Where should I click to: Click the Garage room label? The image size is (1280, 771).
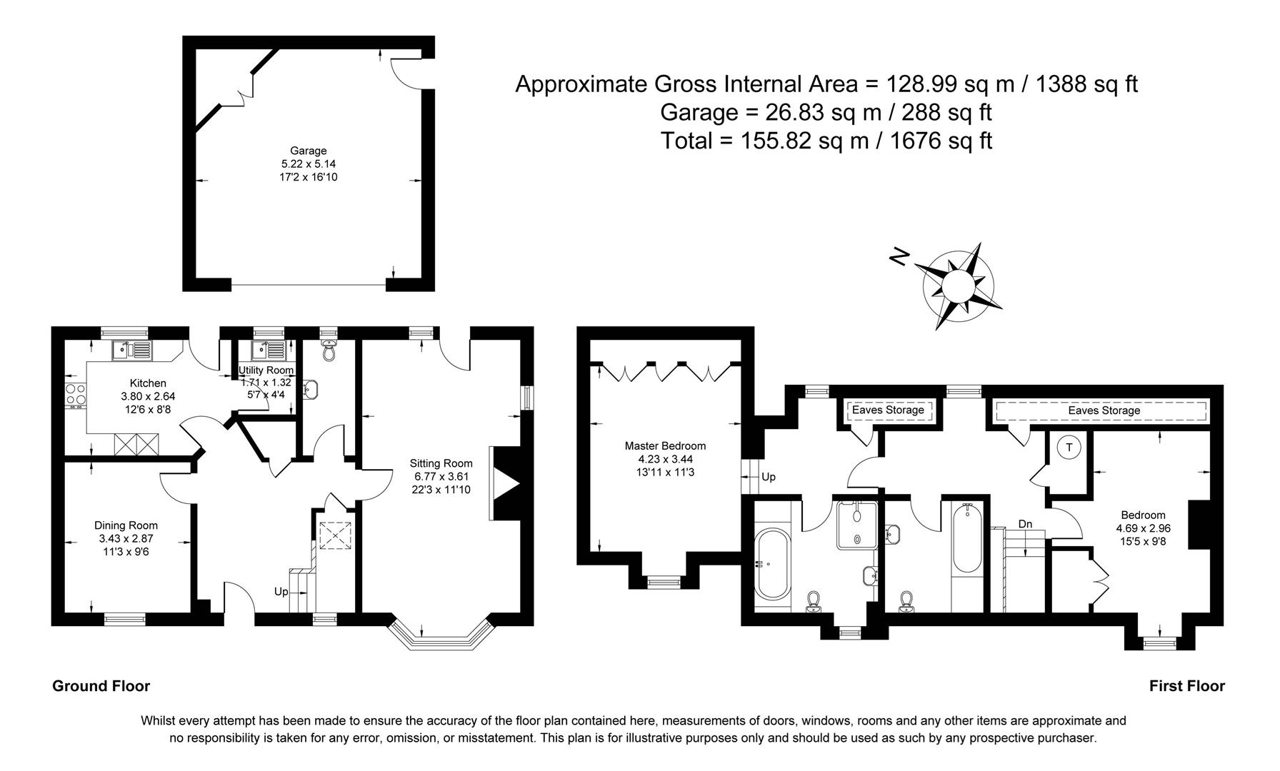pyautogui.click(x=308, y=151)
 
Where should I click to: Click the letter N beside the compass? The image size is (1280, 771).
pyautogui.click(x=900, y=256)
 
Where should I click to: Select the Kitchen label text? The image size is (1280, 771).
pyautogui.click(x=148, y=383)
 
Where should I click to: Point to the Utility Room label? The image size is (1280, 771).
pyautogui.click(x=266, y=371)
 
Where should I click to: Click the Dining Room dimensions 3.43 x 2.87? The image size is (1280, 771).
pyautogui.click(x=126, y=539)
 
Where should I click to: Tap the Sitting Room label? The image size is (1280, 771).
pyautogui.click(x=441, y=463)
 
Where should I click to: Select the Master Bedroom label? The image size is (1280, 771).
pyautogui.click(x=665, y=446)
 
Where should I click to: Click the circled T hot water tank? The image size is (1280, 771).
pyautogui.click(x=1069, y=448)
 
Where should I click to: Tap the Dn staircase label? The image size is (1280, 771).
pyautogui.click(x=1025, y=524)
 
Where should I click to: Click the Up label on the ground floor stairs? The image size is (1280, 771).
pyautogui.click(x=281, y=592)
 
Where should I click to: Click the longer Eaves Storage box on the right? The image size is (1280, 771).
pyautogui.click(x=1104, y=411)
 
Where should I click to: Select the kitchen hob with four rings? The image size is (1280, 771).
pyautogui.click(x=76, y=394)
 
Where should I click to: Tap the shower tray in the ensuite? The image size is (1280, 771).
pyautogui.click(x=857, y=525)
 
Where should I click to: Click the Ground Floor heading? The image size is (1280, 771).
pyautogui.click(x=101, y=686)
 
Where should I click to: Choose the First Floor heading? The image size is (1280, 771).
pyautogui.click(x=1186, y=686)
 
